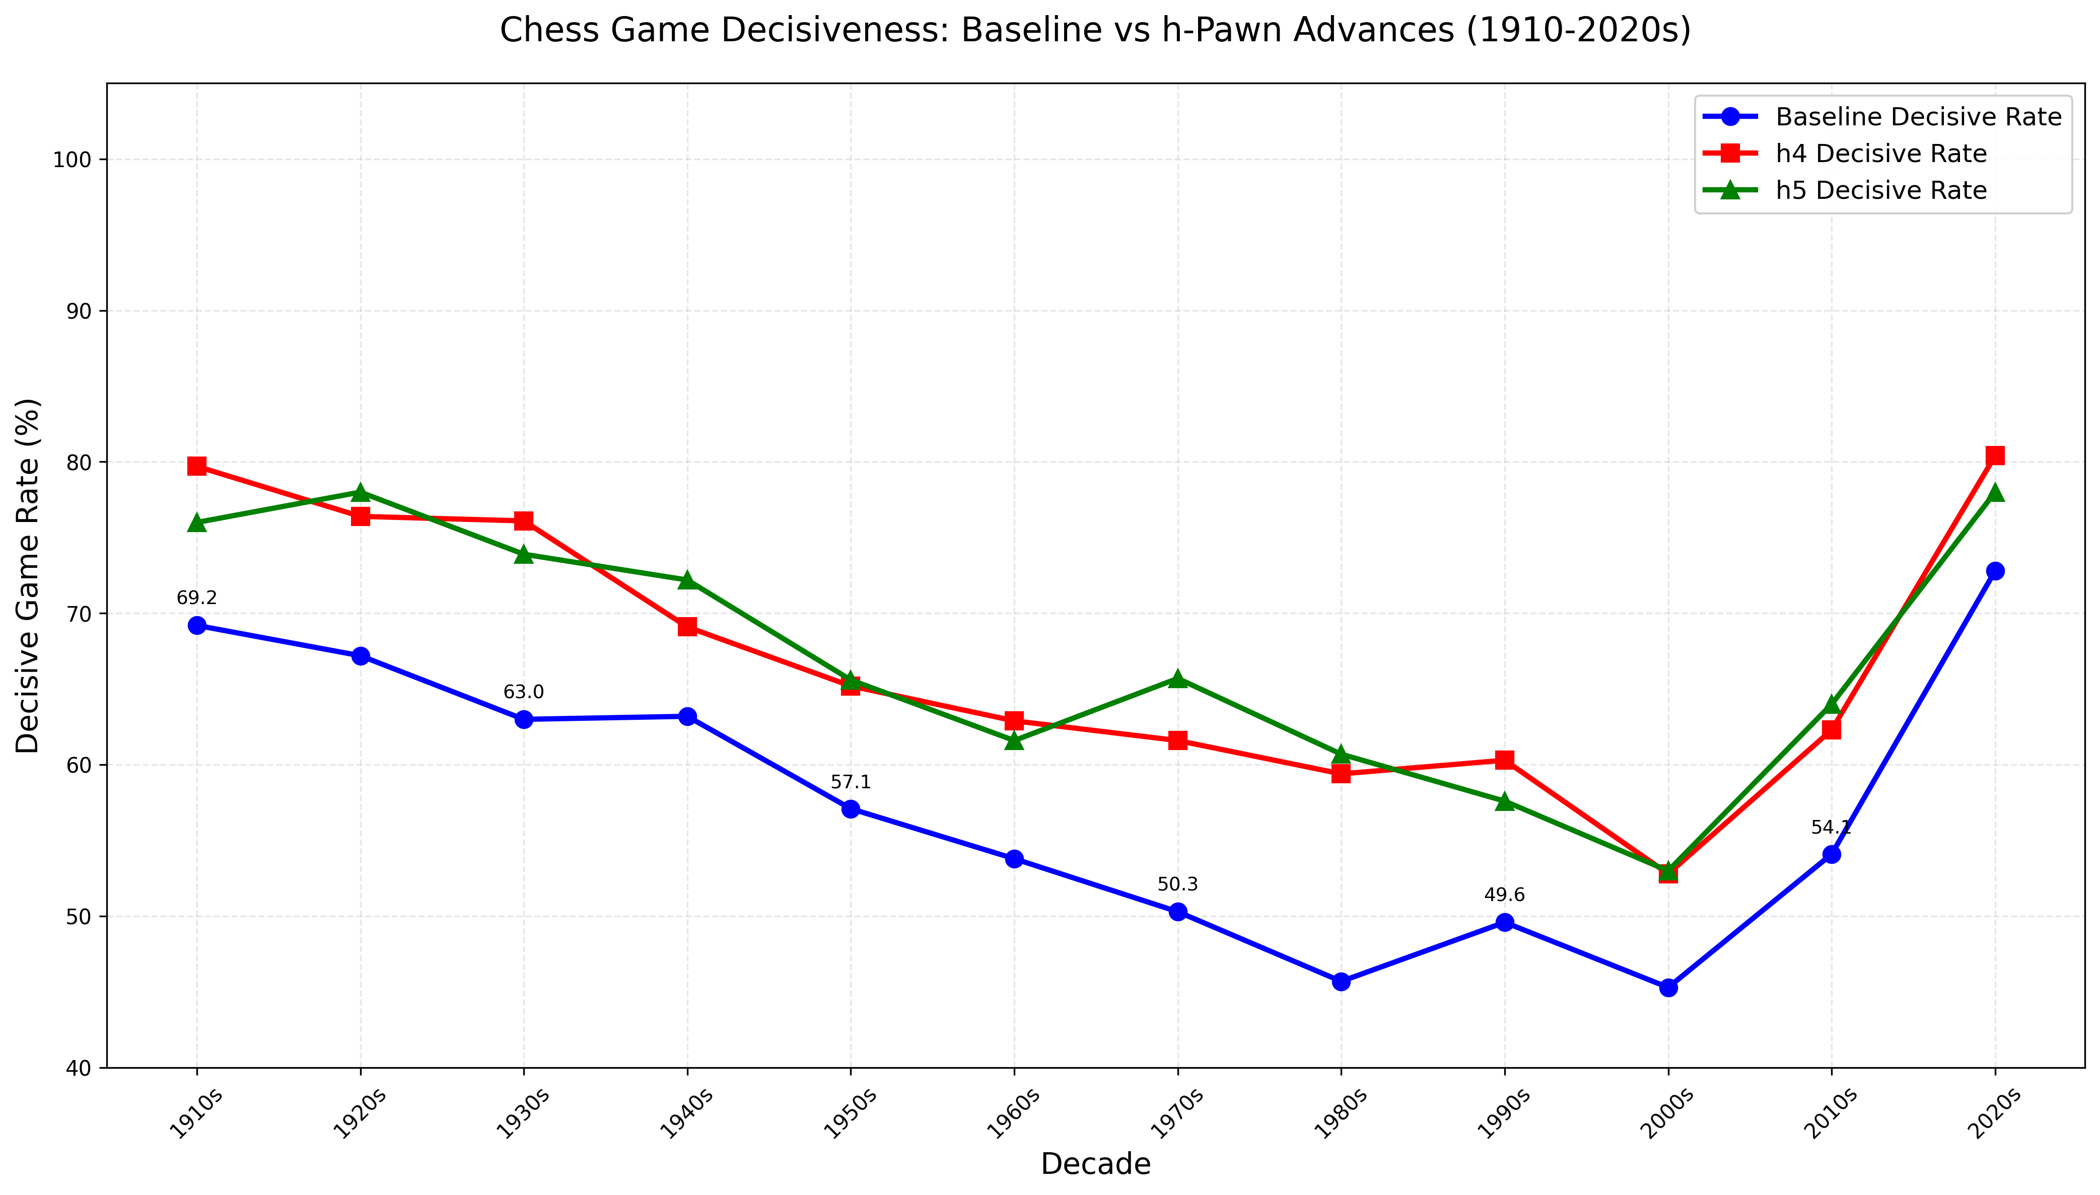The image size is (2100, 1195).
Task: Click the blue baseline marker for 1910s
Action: (x=196, y=625)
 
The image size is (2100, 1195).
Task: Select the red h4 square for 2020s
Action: (x=1995, y=456)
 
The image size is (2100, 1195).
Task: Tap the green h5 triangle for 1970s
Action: (x=1177, y=679)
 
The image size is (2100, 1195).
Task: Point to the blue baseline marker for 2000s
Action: (x=1668, y=987)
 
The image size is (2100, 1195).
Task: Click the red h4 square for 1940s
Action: (x=687, y=627)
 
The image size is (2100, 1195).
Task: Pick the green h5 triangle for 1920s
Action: (x=361, y=492)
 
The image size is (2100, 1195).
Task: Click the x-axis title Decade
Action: (x=1095, y=1164)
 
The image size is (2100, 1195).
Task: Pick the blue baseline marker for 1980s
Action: (x=1341, y=982)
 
